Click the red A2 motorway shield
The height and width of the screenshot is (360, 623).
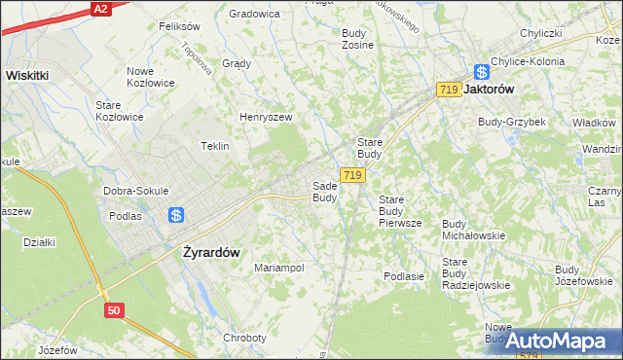(x=99, y=8)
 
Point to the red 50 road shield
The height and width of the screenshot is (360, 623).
(x=115, y=309)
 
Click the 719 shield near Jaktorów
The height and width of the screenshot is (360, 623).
(x=449, y=90)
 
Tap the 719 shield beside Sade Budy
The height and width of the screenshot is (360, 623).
(x=352, y=175)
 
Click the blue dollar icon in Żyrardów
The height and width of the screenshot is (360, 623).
(x=175, y=216)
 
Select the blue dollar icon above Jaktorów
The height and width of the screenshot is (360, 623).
(x=481, y=71)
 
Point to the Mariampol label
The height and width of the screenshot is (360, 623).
(x=279, y=267)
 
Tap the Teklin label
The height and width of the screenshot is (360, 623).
(x=214, y=146)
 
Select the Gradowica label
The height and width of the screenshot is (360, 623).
(x=254, y=14)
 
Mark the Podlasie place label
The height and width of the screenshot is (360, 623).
(x=404, y=276)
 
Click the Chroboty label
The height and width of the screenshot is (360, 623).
(x=244, y=338)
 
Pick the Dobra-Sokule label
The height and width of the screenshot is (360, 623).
(x=136, y=191)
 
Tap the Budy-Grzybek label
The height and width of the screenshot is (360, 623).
(x=511, y=122)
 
